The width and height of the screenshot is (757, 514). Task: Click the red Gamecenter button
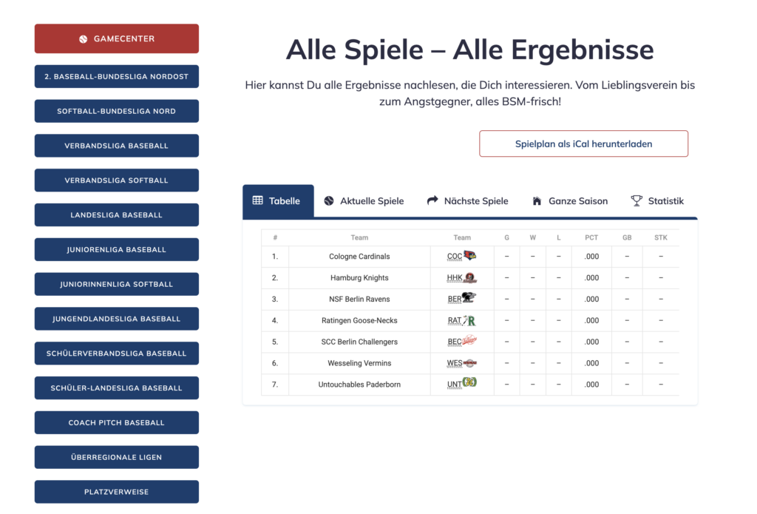pyautogui.click(x=117, y=38)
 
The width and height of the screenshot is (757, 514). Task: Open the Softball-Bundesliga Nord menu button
pyautogui.click(x=117, y=111)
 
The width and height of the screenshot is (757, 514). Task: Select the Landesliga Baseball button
pyautogui.click(x=117, y=215)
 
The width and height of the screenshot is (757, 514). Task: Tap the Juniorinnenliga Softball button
pyautogui.click(x=117, y=284)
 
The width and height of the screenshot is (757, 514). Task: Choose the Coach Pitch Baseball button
pyautogui.click(x=117, y=422)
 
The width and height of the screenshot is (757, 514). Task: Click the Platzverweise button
pyautogui.click(x=117, y=492)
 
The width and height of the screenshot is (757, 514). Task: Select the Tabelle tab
pyautogui.click(x=278, y=201)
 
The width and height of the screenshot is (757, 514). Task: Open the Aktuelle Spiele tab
pyautogui.click(x=364, y=201)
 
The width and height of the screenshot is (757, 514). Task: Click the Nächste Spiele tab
pyautogui.click(x=467, y=201)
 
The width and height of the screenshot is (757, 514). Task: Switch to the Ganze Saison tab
pyautogui.click(x=569, y=201)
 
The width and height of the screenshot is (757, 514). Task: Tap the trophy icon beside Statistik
pyautogui.click(x=637, y=200)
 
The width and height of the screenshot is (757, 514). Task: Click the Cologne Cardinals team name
pyautogui.click(x=359, y=257)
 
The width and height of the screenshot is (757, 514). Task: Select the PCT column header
pyautogui.click(x=591, y=238)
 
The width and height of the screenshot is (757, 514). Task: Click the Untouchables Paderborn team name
pyautogui.click(x=359, y=385)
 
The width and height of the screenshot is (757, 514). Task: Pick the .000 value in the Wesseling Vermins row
pyautogui.click(x=591, y=363)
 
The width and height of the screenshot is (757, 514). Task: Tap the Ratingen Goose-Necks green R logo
pyautogui.click(x=470, y=321)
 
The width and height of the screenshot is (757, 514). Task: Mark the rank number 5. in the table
pyautogui.click(x=275, y=342)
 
